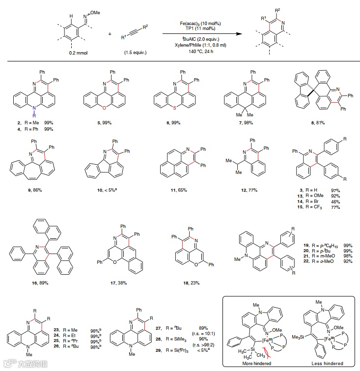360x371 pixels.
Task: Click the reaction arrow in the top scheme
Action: coord(203,34)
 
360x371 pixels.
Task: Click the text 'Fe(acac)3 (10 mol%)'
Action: coord(202,23)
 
